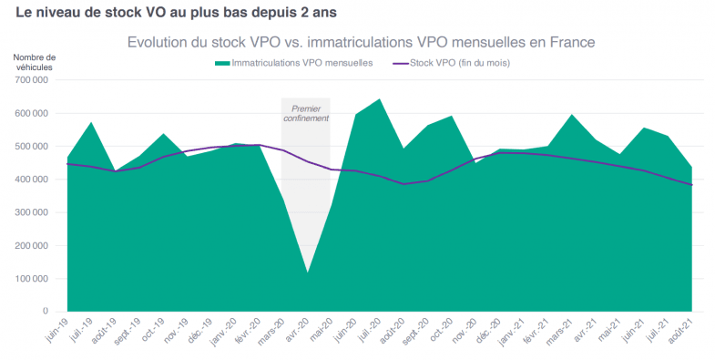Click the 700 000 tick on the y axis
[x=35, y=80]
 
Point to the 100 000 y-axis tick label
[x=35, y=279]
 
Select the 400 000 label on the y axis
[x=35, y=180]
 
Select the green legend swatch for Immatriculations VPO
[x=221, y=63]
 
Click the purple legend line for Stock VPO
[x=400, y=63]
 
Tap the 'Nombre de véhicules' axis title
[x=35, y=62]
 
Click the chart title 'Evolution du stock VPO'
[x=361, y=42]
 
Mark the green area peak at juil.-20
[x=379, y=99]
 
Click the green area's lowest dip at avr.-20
[x=307, y=272]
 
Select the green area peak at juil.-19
[x=91, y=122]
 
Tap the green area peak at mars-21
[x=571, y=115]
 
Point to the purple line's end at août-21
[x=691, y=185]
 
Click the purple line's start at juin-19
[x=67, y=164]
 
